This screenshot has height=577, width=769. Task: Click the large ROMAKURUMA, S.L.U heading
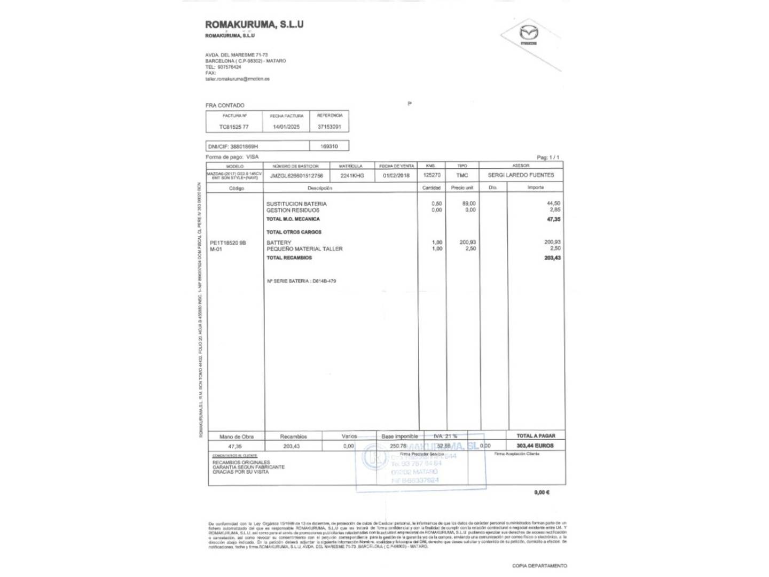click(254, 24)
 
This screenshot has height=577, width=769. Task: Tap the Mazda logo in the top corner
click(529, 35)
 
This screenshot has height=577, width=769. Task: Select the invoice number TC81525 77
click(234, 127)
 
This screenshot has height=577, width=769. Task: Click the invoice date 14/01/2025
click(286, 127)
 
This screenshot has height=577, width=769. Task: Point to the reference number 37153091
click(329, 127)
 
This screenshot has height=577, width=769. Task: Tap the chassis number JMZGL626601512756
click(296, 175)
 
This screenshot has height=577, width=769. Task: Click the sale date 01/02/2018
click(396, 175)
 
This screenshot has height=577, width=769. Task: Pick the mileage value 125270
click(431, 175)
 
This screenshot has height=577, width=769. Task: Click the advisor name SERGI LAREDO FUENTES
click(521, 175)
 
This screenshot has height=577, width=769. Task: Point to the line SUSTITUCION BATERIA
click(296, 204)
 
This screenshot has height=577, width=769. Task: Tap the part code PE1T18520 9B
click(228, 243)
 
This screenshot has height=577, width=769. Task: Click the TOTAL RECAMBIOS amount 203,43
click(553, 258)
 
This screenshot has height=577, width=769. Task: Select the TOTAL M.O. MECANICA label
click(293, 219)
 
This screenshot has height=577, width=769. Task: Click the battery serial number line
click(301, 281)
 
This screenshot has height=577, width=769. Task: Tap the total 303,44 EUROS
click(535, 446)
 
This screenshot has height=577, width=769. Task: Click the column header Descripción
click(320, 188)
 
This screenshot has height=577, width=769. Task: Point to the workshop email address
click(237, 79)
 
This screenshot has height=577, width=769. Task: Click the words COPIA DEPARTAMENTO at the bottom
click(539, 566)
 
